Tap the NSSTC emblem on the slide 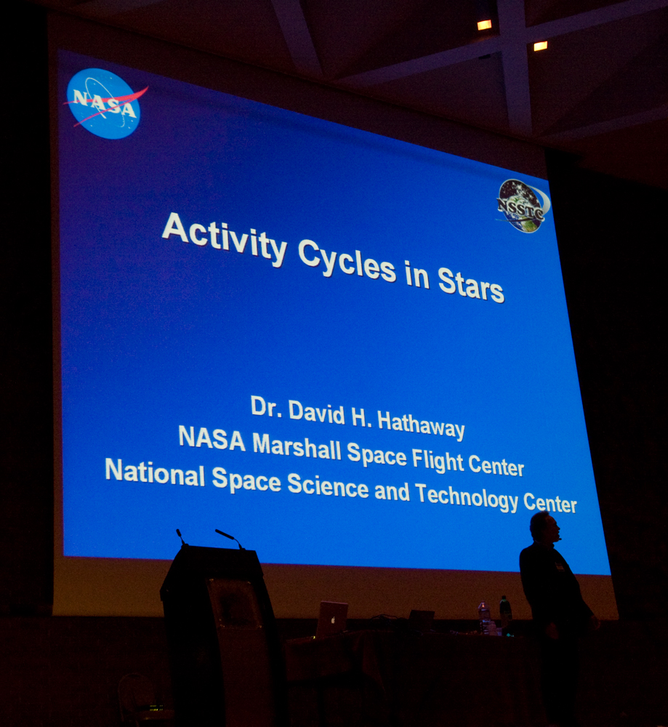pos(523,206)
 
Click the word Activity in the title pos(225,239)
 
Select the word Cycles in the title pos(347,260)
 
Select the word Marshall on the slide pos(297,446)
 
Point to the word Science pos(329,485)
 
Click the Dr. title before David pos(266,406)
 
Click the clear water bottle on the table pos(483,617)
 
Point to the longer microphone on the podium pos(229,538)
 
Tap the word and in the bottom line pos(392,491)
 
